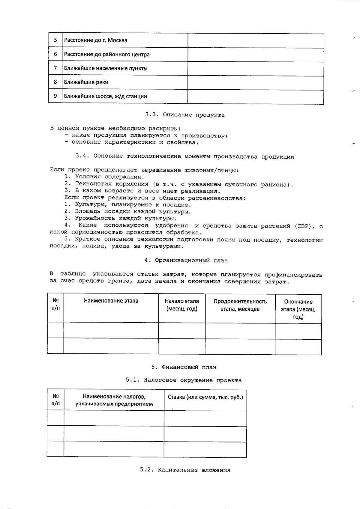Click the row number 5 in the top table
55,40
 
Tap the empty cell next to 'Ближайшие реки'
256,82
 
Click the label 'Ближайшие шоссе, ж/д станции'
105,97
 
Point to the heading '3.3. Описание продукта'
185,115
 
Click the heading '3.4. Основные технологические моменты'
185,156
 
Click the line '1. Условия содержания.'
104,177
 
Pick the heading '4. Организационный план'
186,260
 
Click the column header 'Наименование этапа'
111,301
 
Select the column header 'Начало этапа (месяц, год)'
182,305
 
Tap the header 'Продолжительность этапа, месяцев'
240,305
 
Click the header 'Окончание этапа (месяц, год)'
298,309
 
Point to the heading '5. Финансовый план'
184,367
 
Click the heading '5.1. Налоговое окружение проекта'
184,380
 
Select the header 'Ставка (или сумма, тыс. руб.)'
205,397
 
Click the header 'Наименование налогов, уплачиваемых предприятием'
114,400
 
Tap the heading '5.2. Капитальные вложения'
185,470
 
